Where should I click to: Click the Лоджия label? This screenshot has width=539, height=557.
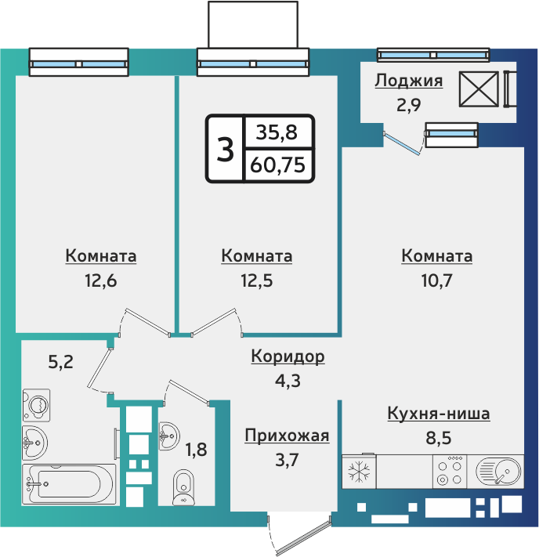409,81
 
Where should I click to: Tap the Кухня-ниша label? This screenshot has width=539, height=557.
439,414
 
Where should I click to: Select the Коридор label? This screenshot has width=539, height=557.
288,357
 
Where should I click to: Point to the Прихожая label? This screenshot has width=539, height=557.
287,436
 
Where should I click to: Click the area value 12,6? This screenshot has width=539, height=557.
100,280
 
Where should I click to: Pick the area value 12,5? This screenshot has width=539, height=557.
257,280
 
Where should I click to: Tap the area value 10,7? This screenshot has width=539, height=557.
436,280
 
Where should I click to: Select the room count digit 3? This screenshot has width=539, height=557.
225,149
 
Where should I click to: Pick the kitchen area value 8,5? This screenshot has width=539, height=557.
439,438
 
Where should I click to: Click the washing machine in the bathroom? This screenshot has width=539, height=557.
35,405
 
